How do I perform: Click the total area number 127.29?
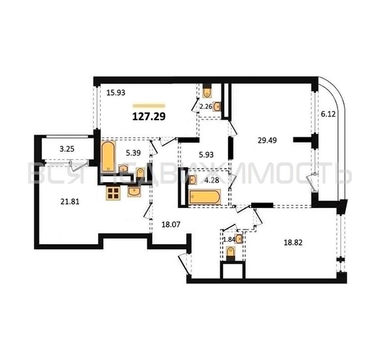click(x=149, y=114)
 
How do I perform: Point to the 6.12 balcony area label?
click(x=328, y=113)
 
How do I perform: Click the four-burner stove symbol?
click(x=113, y=193)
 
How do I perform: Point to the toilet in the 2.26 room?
click(x=206, y=91)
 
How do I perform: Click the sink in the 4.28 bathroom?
click(x=192, y=180)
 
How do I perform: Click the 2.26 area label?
click(x=205, y=107)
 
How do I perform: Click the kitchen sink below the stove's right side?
click(x=135, y=191)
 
